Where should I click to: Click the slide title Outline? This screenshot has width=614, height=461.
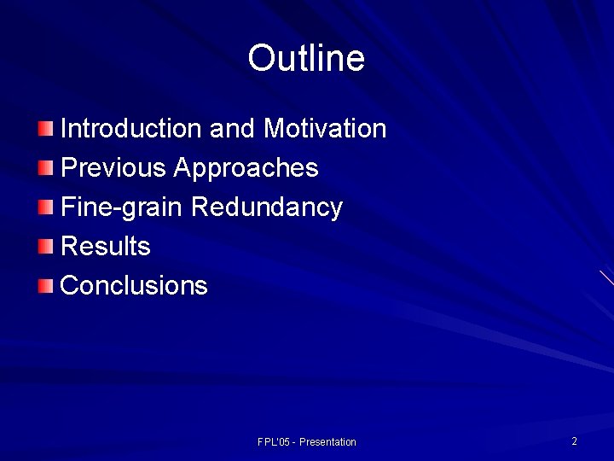pos(306,59)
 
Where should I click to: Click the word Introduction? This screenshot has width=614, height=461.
pos(130,129)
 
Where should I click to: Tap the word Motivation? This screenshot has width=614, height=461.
pos(325,129)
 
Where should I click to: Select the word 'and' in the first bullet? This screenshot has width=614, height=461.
pos(231,129)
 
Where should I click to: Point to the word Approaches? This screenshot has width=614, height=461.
pos(246,168)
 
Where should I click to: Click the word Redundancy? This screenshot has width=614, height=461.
pos(267,207)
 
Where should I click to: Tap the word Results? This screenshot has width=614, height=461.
pos(106,247)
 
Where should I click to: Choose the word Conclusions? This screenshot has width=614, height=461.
pos(134,285)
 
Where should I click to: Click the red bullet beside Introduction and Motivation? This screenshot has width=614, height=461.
pos(45,129)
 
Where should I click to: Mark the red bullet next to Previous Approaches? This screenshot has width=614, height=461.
pos(45,168)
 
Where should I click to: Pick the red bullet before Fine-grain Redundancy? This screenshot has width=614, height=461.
pos(45,207)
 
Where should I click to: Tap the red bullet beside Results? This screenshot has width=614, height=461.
pos(45,247)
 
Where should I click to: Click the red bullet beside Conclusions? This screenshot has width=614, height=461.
pos(45,285)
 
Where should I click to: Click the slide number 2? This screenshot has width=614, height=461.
pos(574,441)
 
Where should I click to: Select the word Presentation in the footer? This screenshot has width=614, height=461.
pos(327,442)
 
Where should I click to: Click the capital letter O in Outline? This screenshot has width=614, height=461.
pos(259,59)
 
